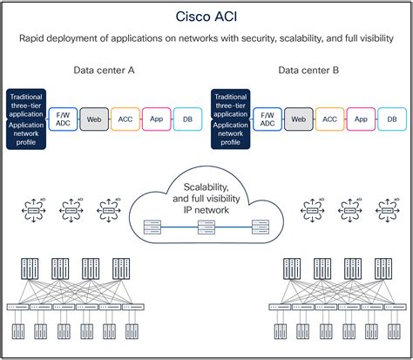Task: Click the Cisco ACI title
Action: [x=206, y=15]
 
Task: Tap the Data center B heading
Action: [x=309, y=70]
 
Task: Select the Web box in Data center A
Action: [x=92, y=118]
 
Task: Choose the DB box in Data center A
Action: [x=186, y=118]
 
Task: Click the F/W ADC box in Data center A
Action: [x=63, y=118]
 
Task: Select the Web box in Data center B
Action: [x=297, y=118]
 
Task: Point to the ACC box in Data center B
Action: [x=328, y=118]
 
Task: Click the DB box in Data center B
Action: [x=390, y=118]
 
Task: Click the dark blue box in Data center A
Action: [x=27, y=118]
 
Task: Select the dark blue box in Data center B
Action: [x=231, y=118]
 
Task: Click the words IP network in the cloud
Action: [x=206, y=209]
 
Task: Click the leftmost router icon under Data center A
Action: [x=35, y=210]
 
